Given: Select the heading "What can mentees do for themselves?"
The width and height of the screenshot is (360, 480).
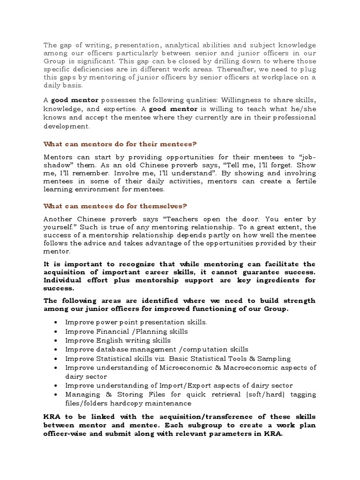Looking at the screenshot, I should [x=115, y=206].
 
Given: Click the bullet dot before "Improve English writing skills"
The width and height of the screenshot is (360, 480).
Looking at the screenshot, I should [x=56, y=341].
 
